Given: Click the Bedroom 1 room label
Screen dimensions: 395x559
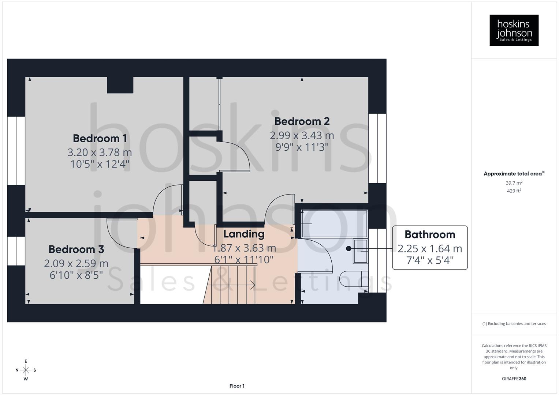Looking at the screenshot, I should tap(100, 138).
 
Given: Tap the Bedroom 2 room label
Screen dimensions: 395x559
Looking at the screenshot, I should tap(302, 121).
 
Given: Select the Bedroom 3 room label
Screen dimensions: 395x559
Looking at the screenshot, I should tap(76, 249).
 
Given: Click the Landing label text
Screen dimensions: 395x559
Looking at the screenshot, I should tap(243, 234).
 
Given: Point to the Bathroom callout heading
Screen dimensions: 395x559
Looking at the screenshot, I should tap(429, 234).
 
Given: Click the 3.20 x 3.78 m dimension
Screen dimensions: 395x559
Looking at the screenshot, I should tap(100, 152).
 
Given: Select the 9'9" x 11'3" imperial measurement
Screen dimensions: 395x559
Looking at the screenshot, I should tap(302, 147).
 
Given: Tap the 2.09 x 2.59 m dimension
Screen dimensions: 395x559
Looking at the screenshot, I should tap(76, 263).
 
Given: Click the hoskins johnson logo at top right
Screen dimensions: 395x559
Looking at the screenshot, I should tap(514, 30).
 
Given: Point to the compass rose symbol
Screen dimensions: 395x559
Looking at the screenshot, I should tap(26, 370).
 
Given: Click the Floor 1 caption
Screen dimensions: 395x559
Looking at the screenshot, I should tap(237, 386).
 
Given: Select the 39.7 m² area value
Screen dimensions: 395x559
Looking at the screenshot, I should tap(514, 183).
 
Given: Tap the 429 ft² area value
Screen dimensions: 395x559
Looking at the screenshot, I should tap(514, 191).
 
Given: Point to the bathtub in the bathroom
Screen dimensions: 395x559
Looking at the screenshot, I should tap(334, 223).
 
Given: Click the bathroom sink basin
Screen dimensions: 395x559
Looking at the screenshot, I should tap(360, 251).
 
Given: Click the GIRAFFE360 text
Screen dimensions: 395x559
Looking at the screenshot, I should tap(514, 379).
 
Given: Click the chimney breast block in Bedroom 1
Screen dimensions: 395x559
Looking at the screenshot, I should tap(120, 85).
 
